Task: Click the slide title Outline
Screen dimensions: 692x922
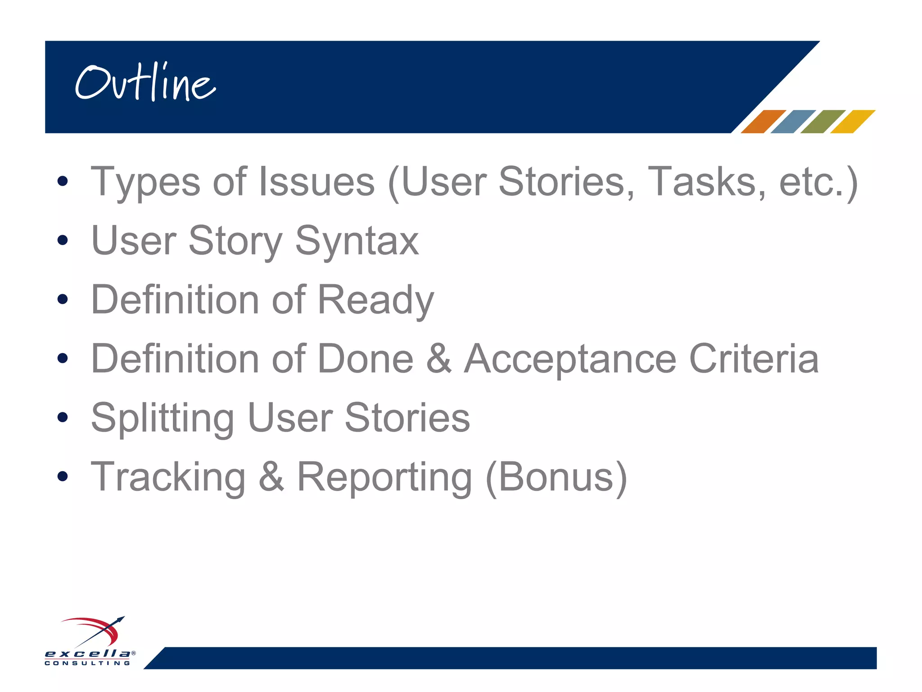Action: point(145,83)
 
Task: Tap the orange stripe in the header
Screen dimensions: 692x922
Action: point(763,122)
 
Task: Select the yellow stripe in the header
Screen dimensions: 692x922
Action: point(852,122)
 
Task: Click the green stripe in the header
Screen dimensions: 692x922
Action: point(823,122)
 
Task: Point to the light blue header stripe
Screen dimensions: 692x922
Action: point(793,122)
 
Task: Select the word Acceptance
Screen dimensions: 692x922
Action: point(570,360)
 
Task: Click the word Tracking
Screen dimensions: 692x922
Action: point(168,478)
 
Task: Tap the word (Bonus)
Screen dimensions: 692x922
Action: point(556,478)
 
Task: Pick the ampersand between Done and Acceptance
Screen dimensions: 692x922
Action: point(438,359)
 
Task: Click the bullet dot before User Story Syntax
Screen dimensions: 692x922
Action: point(63,240)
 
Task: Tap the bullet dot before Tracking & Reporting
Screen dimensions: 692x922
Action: point(63,476)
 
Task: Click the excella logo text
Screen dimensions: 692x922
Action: point(87,654)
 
